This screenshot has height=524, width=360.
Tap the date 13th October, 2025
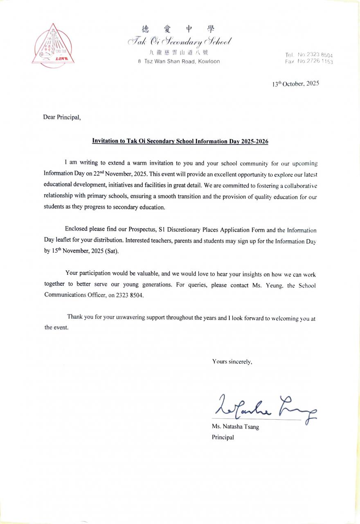click(295, 84)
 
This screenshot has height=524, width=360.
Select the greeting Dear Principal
click(62, 117)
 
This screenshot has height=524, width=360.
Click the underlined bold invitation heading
click(180, 141)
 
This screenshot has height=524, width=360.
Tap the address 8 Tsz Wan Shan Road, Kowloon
click(179, 61)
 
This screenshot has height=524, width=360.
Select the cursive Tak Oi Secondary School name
click(180, 41)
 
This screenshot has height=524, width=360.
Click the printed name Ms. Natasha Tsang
click(235, 427)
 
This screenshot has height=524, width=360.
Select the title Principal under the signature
click(223, 437)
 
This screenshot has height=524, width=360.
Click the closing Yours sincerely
click(232, 361)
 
